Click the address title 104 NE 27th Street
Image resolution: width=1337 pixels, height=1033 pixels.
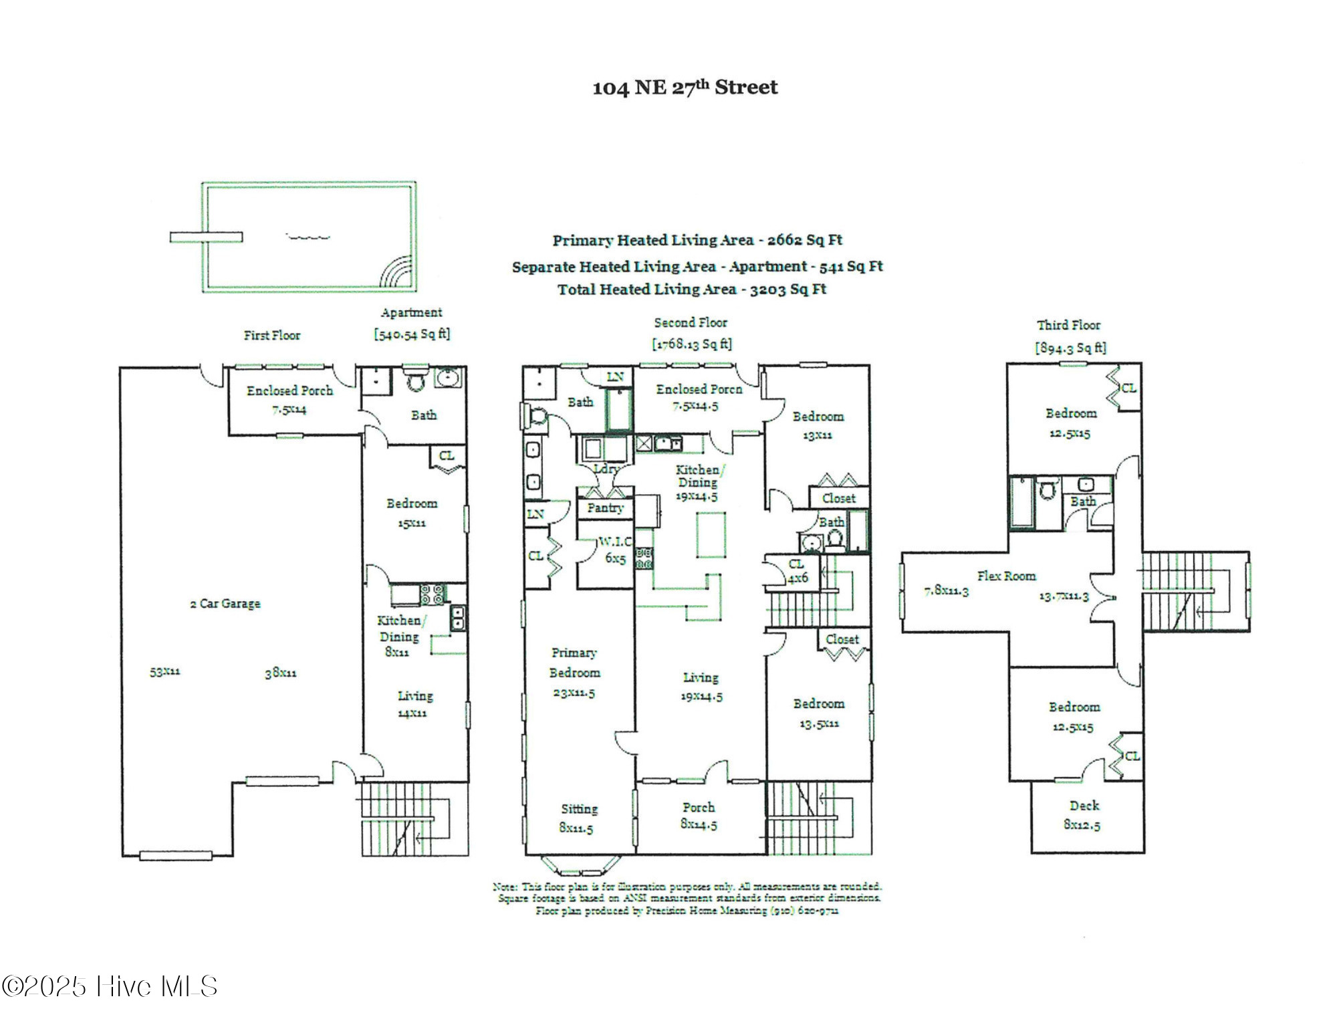click(685, 88)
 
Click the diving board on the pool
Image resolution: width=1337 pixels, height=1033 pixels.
click(206, 237)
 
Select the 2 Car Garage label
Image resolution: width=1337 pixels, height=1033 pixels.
click(225, 604)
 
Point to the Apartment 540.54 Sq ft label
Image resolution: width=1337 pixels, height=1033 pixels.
click(412, 324)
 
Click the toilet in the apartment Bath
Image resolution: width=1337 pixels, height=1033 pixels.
click(416, 382)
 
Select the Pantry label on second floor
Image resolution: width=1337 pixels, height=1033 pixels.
click(605, 508)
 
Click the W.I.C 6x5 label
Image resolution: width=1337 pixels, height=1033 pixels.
click(615, 550)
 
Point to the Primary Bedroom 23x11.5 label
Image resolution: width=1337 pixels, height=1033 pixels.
click(574, 673)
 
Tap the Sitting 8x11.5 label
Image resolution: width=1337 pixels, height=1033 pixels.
click(578, 818)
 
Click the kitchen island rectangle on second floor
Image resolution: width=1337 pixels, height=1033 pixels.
click(711, 534)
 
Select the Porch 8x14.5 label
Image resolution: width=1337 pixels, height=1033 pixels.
click(699, 816)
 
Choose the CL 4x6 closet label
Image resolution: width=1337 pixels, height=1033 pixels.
click(797, 571)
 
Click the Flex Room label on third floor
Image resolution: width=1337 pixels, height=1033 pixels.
click(1006, 576)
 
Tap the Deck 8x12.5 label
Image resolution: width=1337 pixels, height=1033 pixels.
click(1083, 815)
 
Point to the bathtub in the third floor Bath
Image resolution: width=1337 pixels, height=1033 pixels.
click(1020, 503)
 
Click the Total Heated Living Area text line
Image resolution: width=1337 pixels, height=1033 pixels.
click(692, 290)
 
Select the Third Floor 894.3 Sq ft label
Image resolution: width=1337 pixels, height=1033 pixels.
click(1070, 336)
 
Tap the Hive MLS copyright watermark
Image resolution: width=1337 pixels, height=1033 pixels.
click(110, 987)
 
